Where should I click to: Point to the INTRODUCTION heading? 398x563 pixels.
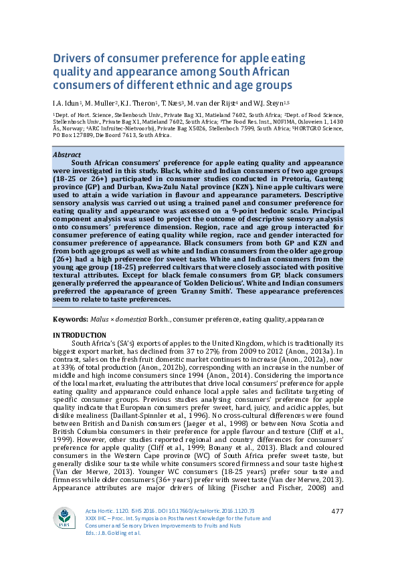79,334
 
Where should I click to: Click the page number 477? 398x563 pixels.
338,512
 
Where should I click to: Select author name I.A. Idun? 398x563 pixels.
67,104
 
